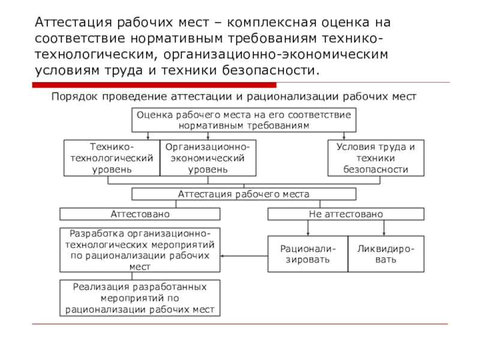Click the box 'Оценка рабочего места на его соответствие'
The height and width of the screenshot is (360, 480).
tap(244, 120)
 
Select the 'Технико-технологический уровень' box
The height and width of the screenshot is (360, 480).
tap(112, 158)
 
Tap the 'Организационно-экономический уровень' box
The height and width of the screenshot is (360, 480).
tap(208, 158)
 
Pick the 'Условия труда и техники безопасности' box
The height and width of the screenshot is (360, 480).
tap(376, 158)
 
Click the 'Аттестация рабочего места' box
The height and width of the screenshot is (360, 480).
tap(244, 194)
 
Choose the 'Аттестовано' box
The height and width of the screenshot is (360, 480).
tap(140, 214)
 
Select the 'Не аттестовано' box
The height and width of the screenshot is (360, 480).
tap(346, 214)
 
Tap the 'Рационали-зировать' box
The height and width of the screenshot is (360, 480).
tap(307, 254)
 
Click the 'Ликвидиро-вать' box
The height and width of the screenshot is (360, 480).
tap(386, 254)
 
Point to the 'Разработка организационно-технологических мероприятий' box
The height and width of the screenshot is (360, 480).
tap(140, 250)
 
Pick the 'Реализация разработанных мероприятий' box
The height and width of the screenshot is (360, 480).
tap(140, 298)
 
